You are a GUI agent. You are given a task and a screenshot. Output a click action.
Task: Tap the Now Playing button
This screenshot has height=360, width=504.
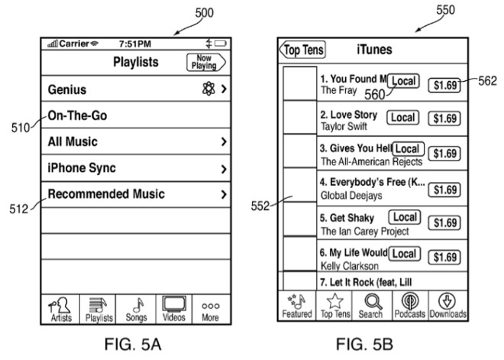click(206, 63)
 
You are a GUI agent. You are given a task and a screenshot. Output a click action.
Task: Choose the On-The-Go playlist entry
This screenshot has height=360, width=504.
click(77, 116)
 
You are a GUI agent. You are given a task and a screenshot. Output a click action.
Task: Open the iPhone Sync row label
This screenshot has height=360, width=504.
click(82, 168)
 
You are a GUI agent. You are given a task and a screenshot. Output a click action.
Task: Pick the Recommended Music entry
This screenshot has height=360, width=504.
click(106, 194)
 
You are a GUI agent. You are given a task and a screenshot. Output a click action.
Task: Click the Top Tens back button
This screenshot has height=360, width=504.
click(302, 50)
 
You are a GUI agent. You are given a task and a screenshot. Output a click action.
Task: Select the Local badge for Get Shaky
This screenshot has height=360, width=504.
click(405, 219)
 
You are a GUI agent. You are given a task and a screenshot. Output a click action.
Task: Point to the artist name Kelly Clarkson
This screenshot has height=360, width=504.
click(349, 266)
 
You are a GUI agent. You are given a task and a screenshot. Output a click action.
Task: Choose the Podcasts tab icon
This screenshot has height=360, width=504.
click(410, 300)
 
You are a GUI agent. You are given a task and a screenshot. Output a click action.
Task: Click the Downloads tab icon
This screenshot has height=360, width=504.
click(447, 300)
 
